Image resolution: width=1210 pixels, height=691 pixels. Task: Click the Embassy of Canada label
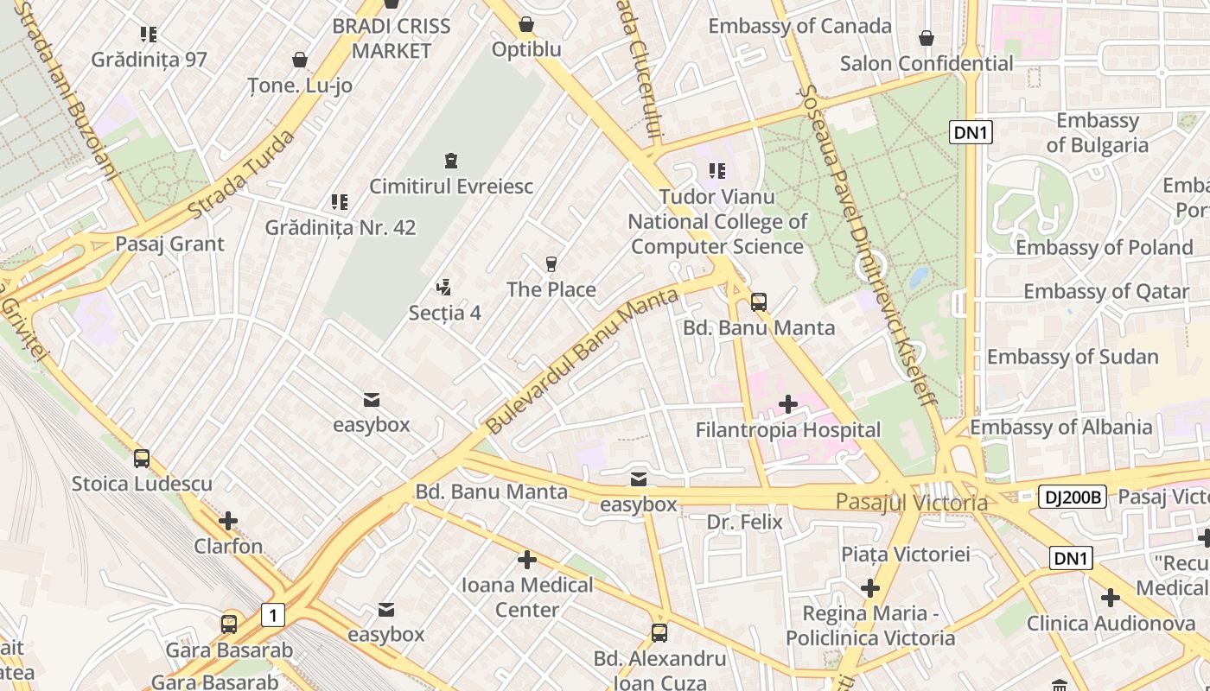tap(799, 26)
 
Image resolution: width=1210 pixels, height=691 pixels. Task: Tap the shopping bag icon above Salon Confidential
tap(927, 38)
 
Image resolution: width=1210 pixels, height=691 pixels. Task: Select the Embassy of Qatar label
tap(1106, 291)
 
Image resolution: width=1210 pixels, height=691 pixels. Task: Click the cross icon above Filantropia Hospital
tap(788, 403)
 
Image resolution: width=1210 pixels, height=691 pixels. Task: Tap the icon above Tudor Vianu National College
tap(716, 171)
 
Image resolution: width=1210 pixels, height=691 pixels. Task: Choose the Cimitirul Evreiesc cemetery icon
tap(450, 161)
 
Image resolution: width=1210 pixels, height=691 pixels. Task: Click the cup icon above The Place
tap(551, 263)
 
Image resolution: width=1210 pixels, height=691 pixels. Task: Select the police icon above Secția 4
tap(444, 287)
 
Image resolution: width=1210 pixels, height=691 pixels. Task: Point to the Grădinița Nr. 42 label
tap(340, 228)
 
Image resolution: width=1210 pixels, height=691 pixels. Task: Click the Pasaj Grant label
tap(169, 244)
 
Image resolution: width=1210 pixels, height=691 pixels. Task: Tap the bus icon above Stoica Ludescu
tap(142, 458)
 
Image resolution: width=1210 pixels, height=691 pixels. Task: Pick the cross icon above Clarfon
tap(228, 521)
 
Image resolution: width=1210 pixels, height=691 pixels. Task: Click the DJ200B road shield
tap(1072, 497)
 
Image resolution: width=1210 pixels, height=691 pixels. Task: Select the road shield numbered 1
tap(273, 615)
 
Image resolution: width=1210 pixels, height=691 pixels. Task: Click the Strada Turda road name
tap(241, 174)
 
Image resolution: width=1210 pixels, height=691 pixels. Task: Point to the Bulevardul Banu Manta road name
tap(581, 362)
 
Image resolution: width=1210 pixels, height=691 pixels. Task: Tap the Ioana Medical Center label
tap(527, 597)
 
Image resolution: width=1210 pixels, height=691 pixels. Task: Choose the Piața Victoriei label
tap(906, 554)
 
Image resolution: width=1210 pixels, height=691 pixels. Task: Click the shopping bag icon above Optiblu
tap(525, 24)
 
